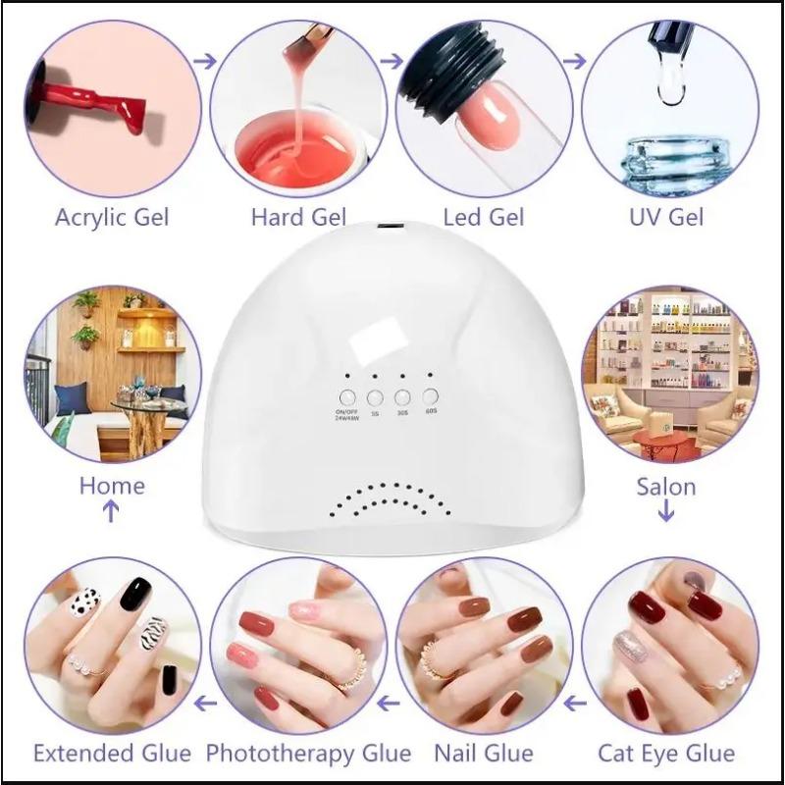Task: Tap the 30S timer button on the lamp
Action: [401, 397]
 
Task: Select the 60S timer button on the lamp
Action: [430, 397]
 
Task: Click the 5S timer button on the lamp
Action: [374, 397]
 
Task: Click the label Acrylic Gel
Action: [111, 216]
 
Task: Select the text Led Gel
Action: [484, 216]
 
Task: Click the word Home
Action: [112, 486]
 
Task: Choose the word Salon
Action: [666, 486]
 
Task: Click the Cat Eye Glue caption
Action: [666, 754]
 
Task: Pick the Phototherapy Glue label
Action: [308, 754]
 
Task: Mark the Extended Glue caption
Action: [112, 754]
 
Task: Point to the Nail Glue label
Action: [484, 754]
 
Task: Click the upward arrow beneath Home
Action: [111, 511]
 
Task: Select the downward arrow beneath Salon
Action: [667, 511]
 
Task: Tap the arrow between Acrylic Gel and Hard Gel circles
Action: [205, 61]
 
